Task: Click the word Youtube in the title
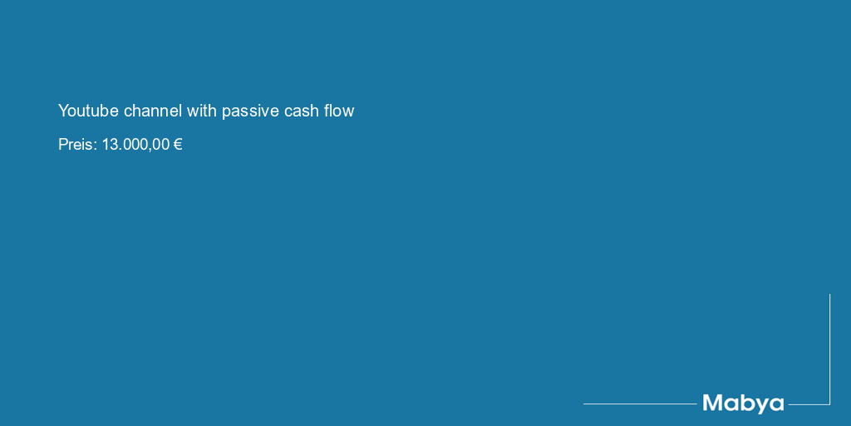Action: [88, 111]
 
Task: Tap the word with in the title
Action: [202, 111]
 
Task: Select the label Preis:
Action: [77, 145]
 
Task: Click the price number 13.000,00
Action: [135, 145]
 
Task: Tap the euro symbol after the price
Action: [178, 145]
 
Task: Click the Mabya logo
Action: [743, 404]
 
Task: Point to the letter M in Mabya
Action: [713, 403]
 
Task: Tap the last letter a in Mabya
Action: [777, 404]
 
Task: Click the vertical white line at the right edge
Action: [829, 349]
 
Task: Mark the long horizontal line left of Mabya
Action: [640, 404]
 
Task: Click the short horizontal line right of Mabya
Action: [809, 404]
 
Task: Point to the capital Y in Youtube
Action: [63, 111]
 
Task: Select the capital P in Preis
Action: [63, 145]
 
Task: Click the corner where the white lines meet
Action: [829, 404]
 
